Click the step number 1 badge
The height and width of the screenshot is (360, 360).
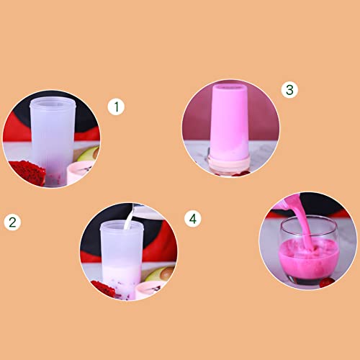[x=116, y=107]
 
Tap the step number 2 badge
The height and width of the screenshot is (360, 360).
[x=12, y=221]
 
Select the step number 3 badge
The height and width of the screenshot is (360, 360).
[x=289, y=89]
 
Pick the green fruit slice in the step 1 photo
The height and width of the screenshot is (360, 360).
[x=88, y=153]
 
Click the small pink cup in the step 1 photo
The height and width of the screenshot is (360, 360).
[x=78, y=175]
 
